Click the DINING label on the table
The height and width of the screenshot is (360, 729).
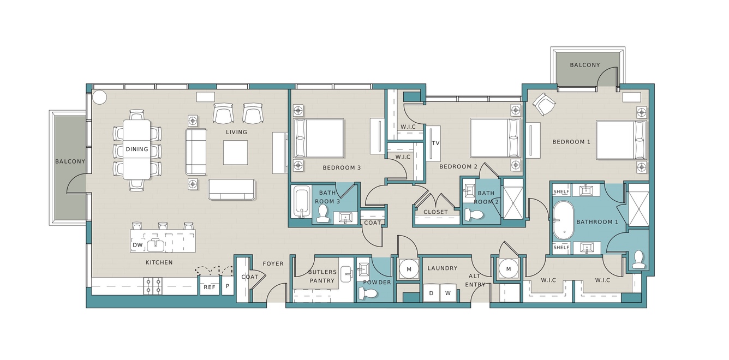[136, 149]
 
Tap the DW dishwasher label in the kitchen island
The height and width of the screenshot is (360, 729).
[138, 245]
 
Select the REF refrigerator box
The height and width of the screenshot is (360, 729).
[210, 285]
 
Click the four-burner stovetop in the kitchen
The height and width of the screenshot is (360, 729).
[153, 286]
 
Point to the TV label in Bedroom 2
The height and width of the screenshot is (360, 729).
[436, 143]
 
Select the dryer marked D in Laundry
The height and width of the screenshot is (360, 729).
[431, 293]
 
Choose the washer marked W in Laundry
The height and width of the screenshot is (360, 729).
[448, 293]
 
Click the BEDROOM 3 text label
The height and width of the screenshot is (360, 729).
[342, 168]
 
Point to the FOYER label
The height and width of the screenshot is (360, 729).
[273, 264]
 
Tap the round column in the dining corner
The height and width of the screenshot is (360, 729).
[99, 97]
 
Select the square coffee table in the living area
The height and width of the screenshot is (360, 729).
[235, 153]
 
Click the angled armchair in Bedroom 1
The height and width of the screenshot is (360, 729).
[544, 104]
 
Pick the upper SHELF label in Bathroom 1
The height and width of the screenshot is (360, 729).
[561, 191]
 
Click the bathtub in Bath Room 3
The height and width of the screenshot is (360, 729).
[302, 202]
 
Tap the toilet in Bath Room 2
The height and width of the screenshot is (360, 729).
[474, 214]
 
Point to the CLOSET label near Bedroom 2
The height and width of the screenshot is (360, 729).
[436, 212]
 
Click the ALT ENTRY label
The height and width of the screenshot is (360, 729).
[475, 280]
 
